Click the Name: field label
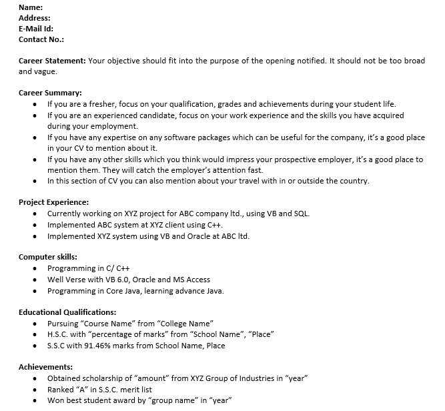pos(31,7)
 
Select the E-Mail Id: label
pos(35,29)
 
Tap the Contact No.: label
pos(41,39)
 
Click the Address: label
pos(35,18)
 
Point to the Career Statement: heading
pos(52,61)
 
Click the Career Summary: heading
pos(50,93)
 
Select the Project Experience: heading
pos(54,202)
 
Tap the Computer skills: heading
pos(48,257)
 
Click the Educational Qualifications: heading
pos(67,312)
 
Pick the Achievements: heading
pos(46,366)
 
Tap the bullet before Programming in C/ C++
pos(35,269)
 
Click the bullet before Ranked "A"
pos(35,390)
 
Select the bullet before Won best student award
pos(35,401)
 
